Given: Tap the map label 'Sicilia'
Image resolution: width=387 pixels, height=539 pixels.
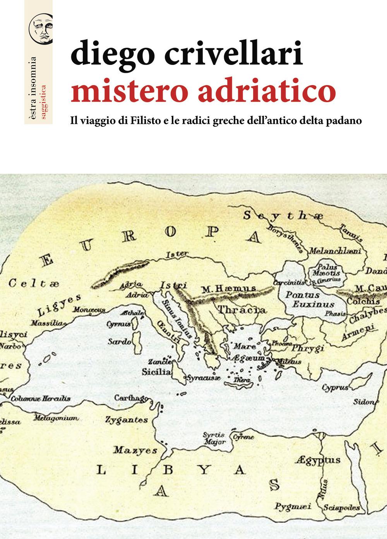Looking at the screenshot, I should [156, 372].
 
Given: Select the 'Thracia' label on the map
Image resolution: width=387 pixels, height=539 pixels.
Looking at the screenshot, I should [242, 310].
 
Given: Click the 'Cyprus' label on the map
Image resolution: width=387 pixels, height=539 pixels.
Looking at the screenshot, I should [335, 387].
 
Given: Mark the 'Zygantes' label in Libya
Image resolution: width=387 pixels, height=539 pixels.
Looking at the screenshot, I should [127, 420].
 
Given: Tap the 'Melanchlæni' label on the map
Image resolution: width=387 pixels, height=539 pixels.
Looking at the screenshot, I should [335, 251].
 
